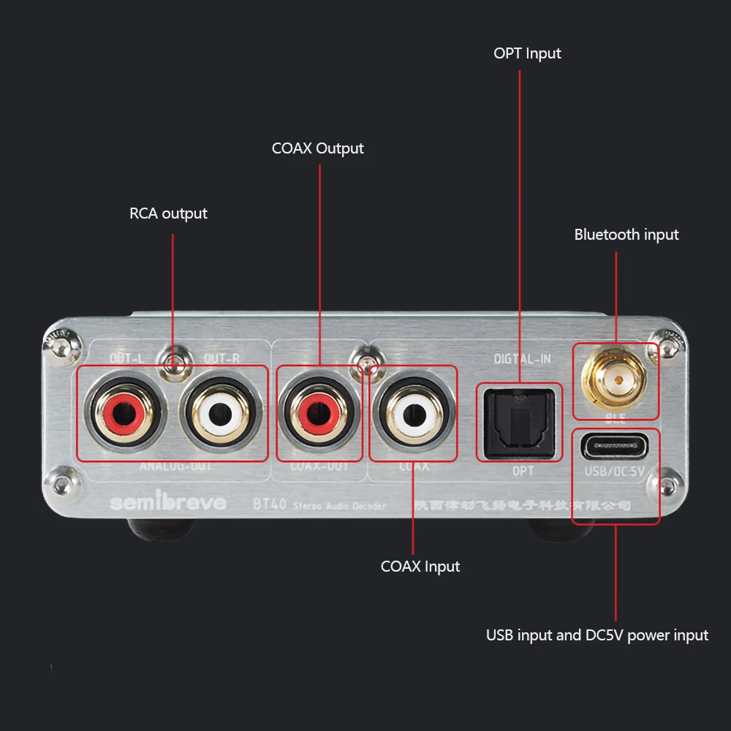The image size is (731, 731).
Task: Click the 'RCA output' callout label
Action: coord(168,213)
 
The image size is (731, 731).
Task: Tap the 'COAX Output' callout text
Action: coord(317,148)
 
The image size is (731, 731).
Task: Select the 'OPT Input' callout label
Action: coord(527,53)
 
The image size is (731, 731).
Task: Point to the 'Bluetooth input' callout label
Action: coord(626,235)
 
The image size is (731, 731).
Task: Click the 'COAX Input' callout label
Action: coord(420,567)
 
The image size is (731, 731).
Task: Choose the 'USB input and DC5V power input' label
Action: coord(597,635)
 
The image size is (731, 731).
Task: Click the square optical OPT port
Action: coord(519,422)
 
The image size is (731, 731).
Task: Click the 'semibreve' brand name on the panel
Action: coord(168,503)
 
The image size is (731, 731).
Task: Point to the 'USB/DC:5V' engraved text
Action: coord(615,471)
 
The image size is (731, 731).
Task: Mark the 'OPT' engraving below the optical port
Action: coord(523,471)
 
